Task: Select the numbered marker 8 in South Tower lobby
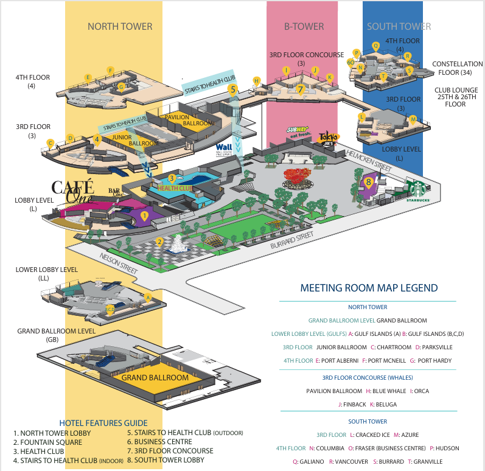(x=368, y=181)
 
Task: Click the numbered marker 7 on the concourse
(x=300, y=88)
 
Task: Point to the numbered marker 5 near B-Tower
(x=232, y=89)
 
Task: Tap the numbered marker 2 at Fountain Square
(x=159, y=242)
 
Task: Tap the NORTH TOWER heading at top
(x=120, y=26)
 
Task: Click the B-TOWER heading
(x=304, y=26)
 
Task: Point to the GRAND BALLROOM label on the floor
(x=155, y=377)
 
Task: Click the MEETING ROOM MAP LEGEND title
(x=369, y=288)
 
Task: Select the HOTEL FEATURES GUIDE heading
(x=103, y=422)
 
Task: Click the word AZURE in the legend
(x=412, y=434)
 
